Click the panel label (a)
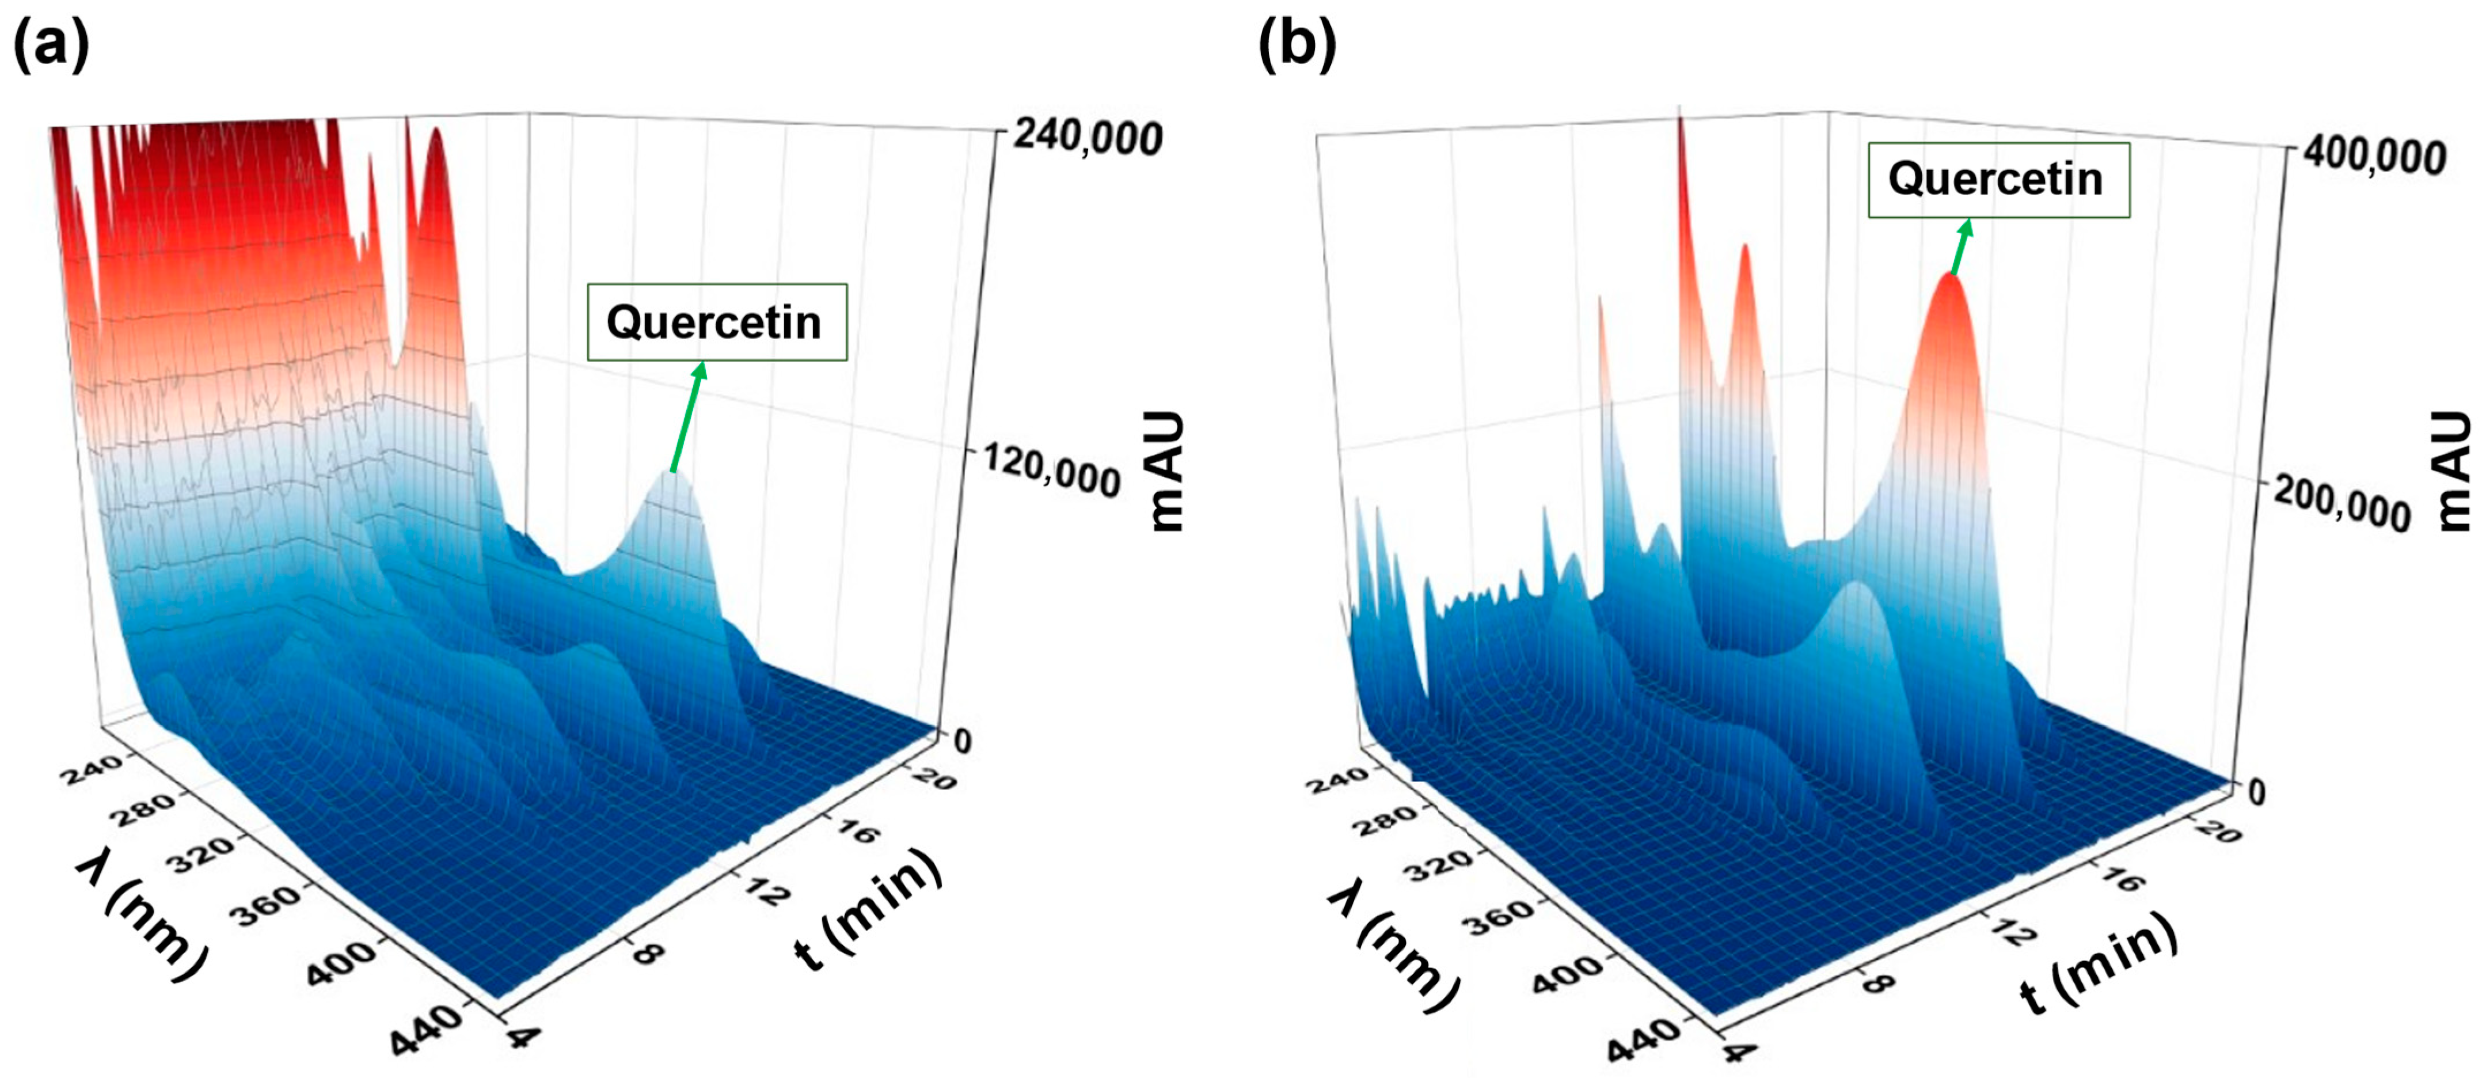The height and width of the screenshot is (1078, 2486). pos(50,45)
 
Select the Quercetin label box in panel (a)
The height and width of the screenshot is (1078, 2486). pos(716,322)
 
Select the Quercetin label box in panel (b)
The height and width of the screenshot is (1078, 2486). pos(1998,180)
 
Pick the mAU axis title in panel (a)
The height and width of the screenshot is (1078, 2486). pos(1168,472)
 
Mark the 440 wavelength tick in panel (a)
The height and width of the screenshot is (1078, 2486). pos(425,1031)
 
